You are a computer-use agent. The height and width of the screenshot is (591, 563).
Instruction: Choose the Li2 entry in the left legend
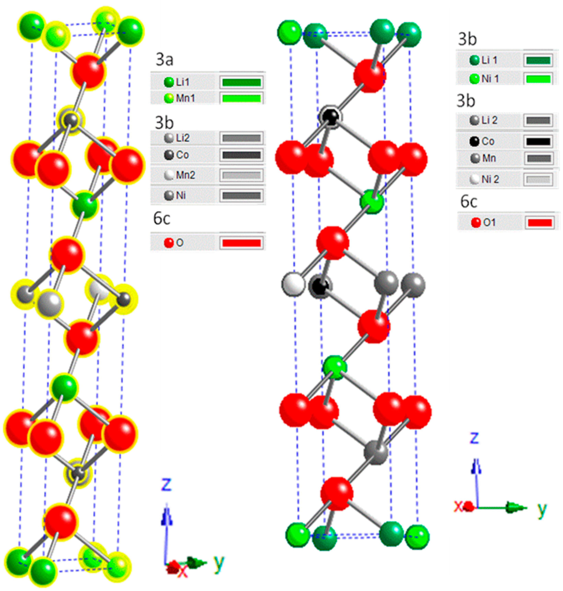182,138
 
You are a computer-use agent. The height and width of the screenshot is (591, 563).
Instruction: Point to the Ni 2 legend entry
490,179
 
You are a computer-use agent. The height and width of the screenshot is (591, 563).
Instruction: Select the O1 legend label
489,223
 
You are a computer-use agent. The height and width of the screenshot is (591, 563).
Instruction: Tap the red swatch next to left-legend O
241,243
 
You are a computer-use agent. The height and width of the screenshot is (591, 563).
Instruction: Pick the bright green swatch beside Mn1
241,98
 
